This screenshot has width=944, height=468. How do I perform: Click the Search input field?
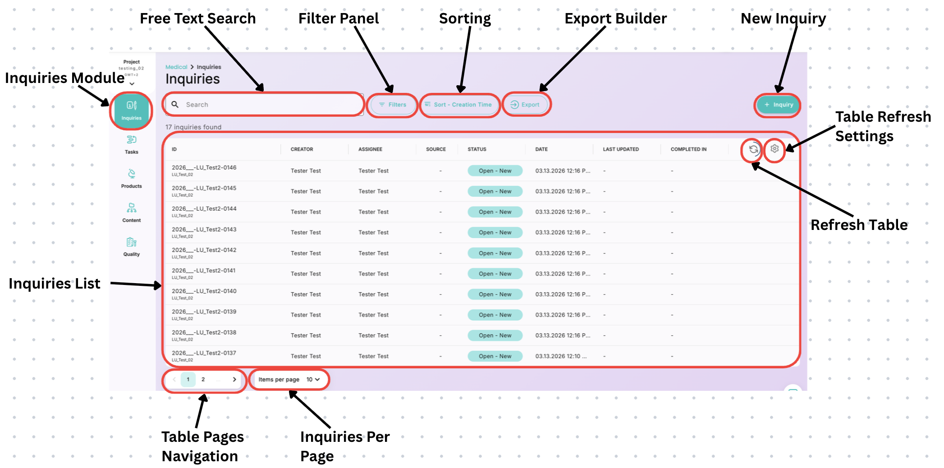click(266, 105)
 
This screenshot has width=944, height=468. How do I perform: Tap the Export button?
click(525, 105)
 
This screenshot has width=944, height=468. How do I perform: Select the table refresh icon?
click(753, 149)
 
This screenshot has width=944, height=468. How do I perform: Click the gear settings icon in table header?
click(774, 149)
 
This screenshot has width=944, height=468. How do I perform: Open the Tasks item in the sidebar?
click(132, 144)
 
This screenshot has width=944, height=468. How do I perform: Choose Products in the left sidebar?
click(132, 179)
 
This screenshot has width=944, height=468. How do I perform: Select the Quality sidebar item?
click(132, 247)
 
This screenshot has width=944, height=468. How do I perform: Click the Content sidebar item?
click(132, 213)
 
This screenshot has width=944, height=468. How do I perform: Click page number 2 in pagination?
click(203, 380)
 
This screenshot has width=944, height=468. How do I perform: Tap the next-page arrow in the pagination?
click(234, 380)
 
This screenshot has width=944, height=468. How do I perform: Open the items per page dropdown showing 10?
click(313, 380)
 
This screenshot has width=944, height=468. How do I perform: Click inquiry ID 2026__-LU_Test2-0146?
click(204, 168)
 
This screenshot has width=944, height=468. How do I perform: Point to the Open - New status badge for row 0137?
click(495, 356)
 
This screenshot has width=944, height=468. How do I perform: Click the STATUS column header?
click(477, 149)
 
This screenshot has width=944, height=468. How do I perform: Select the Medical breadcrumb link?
click(176, 67)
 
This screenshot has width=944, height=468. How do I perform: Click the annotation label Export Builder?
click(615, 18)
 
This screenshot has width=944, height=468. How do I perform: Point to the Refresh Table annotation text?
click(859, 225)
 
